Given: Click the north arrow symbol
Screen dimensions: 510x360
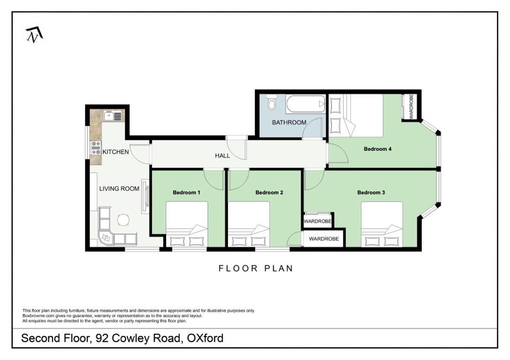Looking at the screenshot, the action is click(x=34, y=35).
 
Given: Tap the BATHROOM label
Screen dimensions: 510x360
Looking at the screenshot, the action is click(x=289, y=122).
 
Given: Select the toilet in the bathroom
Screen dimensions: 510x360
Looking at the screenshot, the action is click(x=271, y=102).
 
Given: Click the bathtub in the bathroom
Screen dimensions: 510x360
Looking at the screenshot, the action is click(x=305, y=104).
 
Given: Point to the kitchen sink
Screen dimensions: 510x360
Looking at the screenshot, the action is click(x=113, y=115).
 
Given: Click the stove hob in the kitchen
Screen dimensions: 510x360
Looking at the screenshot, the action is click(x=96, y=148).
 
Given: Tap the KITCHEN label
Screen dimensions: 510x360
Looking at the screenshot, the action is click(x=115, y=152).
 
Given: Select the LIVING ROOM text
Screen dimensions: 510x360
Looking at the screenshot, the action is click(x=119, y=188).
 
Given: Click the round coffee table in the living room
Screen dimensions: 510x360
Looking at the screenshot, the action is click(x=124, y=219).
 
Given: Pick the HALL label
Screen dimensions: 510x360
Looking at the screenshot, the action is click(x=223, y=156).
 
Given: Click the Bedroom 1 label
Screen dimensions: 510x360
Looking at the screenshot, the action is click(x=186, y=193).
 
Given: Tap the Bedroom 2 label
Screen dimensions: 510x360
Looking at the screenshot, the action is click(x=269, y=193).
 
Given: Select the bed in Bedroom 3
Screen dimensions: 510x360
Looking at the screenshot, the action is click(x=382, y=225).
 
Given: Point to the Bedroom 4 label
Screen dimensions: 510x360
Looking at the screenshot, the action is click(x=378, y=149).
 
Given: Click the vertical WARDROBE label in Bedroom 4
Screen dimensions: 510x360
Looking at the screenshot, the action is click(x=411, y=107).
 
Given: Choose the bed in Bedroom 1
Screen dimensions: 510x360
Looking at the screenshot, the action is click(x=187, y=225).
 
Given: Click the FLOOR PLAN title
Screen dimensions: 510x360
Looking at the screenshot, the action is click(x=256, y=268).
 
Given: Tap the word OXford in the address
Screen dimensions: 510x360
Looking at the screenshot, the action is click(x=205, y=338).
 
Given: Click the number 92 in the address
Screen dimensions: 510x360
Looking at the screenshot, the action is click(x=102, y=338).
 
